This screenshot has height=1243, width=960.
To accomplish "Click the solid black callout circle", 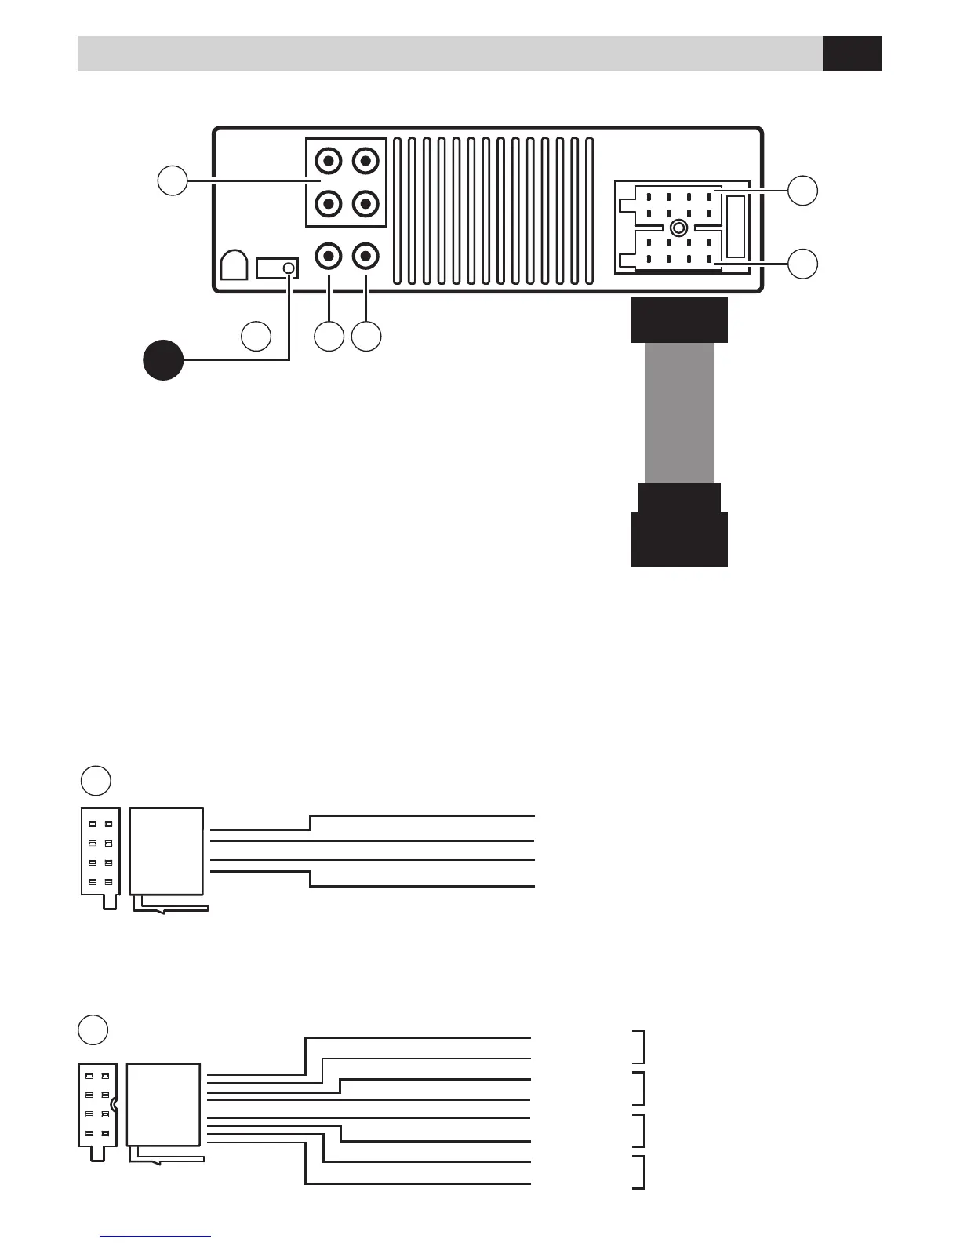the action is tap(163, 360).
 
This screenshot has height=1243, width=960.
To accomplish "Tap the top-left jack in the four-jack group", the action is tap(328, 162).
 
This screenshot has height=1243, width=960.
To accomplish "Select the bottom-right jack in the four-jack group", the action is tap(365, 204).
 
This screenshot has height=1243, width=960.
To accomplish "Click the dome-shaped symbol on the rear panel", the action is tap(235, 265).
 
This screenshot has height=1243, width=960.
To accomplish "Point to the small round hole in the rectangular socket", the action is tap(289, 268).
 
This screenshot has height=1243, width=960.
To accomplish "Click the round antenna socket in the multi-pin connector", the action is tap(679, 228).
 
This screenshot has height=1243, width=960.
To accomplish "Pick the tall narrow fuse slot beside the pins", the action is tap(735, 227).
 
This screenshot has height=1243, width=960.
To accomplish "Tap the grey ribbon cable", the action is tap(679, 413).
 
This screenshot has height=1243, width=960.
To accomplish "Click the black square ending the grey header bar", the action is tap(853, 53).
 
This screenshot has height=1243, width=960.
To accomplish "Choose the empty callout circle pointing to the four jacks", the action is tap(173, 180).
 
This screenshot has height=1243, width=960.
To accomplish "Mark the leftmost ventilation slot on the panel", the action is tap(398, 210).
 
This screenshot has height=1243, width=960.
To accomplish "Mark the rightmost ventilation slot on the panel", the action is tap(590, 210).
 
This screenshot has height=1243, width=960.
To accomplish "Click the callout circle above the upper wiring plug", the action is tap(96, 780).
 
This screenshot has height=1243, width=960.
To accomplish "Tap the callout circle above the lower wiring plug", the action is tap(93, 1030).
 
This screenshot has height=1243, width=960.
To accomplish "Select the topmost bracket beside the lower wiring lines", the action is tap(640, 1046).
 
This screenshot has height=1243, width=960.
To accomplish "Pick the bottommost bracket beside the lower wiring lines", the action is tap(640, 1172).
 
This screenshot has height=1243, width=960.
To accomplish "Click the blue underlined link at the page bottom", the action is tap(155, 1236).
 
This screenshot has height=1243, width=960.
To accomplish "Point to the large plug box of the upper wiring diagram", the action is tap(166, 851).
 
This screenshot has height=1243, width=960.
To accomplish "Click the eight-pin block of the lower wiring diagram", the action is tap(98, 1105).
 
